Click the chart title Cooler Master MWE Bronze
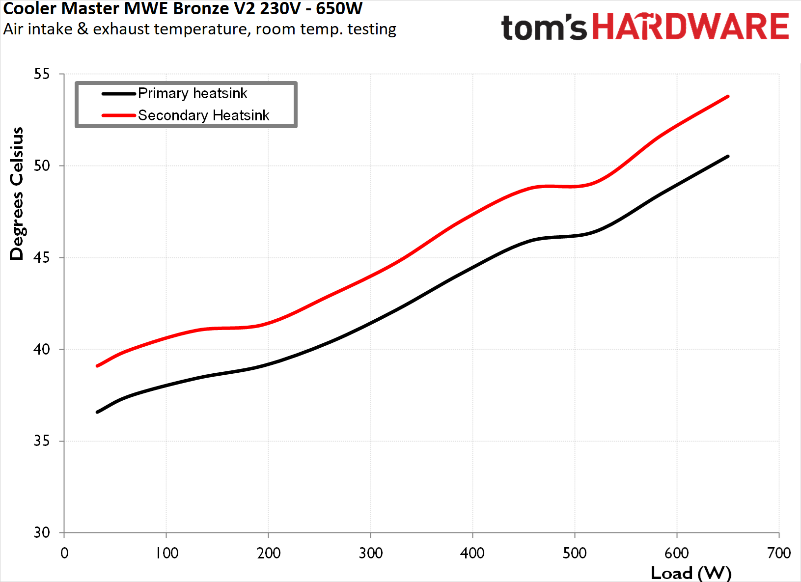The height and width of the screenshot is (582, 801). [x=183, y=8]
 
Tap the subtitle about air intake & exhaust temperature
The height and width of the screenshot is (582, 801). [x=199, y=29]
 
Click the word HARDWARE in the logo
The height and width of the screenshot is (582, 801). [x=690, y=27]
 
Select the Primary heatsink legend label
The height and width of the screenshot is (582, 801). [x=193, y=93]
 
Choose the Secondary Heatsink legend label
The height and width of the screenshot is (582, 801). [x=203, y=115]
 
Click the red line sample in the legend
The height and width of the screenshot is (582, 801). [x=118, y=115]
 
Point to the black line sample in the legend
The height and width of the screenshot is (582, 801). [x=118, y=93]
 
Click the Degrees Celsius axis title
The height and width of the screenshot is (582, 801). [x=17, y=194]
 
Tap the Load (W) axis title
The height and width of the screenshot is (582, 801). [x=691, y=573]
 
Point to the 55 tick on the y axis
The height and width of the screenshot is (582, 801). [x=42, y=74]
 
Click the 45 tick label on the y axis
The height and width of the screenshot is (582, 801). [x=42, y=257]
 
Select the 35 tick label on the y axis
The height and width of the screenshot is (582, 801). [x=42, y=441]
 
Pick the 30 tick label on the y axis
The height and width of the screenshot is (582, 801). [x=42, y=532]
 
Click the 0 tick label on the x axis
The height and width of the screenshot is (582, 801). [x=64, y=553]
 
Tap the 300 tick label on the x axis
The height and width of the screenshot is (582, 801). [x=370, y=553]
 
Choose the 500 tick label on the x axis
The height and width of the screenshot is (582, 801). [x=575, y=553]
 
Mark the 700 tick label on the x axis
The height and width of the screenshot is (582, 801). [x=778, y=553]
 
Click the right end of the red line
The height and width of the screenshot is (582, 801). [x=727, y=97]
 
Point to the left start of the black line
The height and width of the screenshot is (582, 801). [x=98, y=412]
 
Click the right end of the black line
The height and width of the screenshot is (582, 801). [x=727, y=156]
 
